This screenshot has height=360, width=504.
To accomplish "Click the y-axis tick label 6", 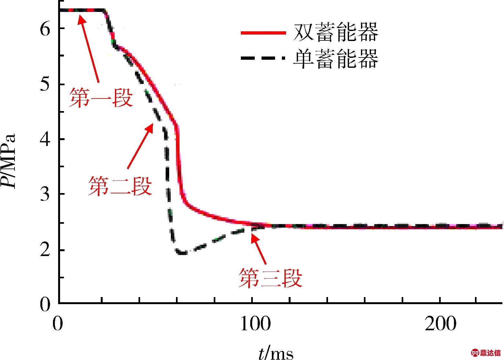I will pyautogui.click(x=45, y=29).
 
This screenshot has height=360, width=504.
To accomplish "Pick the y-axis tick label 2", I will pyautogui.click(x=45, y=250).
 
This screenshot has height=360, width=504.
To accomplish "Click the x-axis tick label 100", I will pyautogui.click(x=255, y=324).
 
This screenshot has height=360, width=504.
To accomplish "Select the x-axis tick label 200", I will pyautogui.click(x=440, y=324).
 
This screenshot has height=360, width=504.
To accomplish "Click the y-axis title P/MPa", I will pyautogui.click(x=9, y=160).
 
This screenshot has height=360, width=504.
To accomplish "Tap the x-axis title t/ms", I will pyautogui.click(x=276, y=353).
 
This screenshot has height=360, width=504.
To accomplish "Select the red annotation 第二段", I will pyautogui.click(x=120, y=186).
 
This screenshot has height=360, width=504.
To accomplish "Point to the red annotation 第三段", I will pyautogui.click(x=271, y=278).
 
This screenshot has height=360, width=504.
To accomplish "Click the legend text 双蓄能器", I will pyautogui.click(x=336, y=32).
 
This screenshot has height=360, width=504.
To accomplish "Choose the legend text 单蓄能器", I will pyautogui.click(x=336, y=59).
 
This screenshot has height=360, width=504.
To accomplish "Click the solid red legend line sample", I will pyautogui.click(x=263, y=33).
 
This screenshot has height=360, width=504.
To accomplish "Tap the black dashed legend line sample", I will pyautogui.click(x=263, y=58).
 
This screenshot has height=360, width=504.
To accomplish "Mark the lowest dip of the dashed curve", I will pyautogui.click(x=182, y=253).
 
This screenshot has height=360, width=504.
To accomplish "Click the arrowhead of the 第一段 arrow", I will pyautogui.click(x=81, y=18).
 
